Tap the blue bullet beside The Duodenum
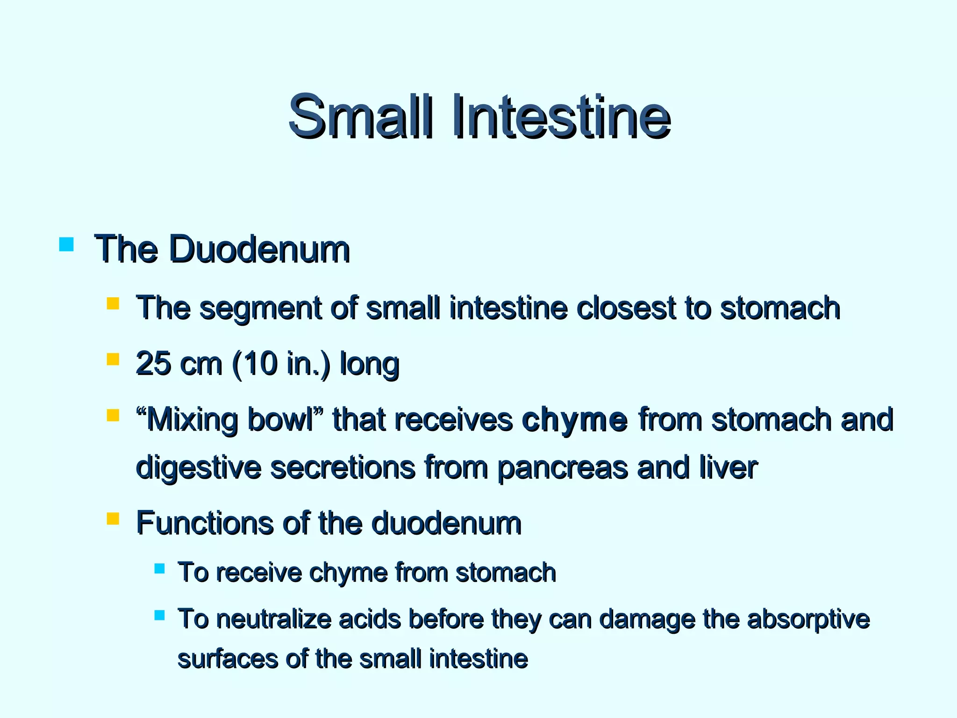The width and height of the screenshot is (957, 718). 67,245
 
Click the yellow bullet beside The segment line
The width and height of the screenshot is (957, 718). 113,304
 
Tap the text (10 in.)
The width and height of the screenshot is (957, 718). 280,364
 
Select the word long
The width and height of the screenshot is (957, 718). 369,365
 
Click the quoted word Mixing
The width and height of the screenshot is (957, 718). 193,420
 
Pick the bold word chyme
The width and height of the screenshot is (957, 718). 574,420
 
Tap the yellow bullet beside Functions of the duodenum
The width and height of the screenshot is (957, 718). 113,519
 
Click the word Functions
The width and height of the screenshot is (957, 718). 205,523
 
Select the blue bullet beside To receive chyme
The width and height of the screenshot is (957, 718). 159,568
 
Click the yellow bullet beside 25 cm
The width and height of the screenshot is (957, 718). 113,359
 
